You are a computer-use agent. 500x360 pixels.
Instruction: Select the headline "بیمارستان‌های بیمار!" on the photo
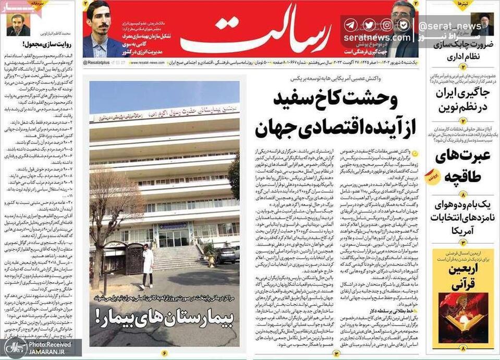coord(164,315)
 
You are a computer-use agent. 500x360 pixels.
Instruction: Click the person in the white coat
coord(148,267)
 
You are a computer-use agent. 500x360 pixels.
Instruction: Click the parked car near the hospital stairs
coord(227,255)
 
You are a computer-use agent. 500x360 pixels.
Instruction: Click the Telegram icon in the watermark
coord(351,25)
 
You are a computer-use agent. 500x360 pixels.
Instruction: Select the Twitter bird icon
coord(369,25)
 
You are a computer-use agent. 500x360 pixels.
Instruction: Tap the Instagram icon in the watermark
coord(386,25)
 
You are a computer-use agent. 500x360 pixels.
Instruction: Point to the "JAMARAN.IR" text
coord(51,353)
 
